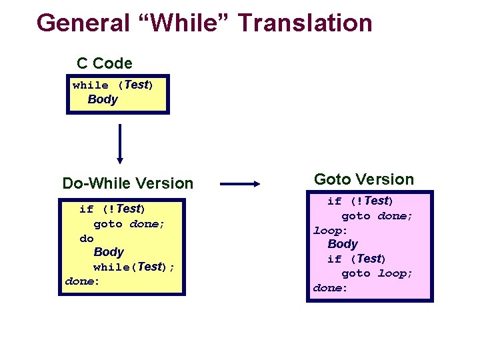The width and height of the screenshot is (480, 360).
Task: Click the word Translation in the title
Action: [x=305, y=23]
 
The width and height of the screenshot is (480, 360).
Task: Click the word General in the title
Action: [x=83, y=23]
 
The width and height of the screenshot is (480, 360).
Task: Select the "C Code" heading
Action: [x=105, y=63]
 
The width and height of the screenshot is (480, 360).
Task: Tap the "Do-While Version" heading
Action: [x=127, y=183]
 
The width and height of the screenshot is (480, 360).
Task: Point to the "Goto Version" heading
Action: [x=364, y=179]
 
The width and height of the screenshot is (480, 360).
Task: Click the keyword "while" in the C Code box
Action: [x=91, y=85]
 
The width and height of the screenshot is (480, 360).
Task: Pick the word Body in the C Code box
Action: [x=103, y=100]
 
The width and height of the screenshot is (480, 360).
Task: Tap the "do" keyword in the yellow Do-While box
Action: [x=87, y=238]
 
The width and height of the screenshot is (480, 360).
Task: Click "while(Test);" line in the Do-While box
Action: [x=134, y=267]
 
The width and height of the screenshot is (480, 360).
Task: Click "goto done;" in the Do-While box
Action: [x=129, y=224]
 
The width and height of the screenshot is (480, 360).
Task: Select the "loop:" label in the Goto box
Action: [x=331, y=231]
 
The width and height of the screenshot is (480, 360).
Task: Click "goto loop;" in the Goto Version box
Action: [x=377, y=273]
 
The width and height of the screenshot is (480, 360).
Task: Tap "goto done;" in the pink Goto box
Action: [x=377, y=216]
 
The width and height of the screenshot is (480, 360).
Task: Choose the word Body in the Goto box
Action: [x=343, y=245]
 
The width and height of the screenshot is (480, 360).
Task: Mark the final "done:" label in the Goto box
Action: [x=331, y=288]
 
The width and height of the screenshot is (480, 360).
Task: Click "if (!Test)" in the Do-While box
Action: [x=112, y=209]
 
